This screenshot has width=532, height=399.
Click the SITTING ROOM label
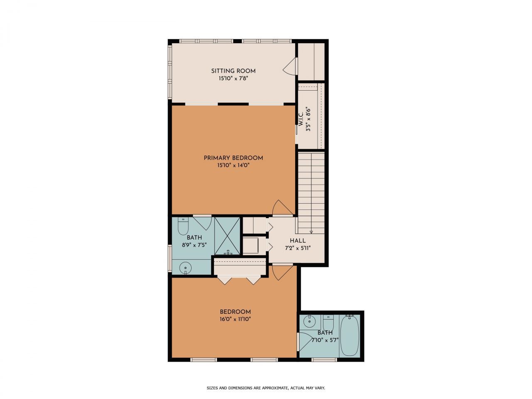[x=233, y=71]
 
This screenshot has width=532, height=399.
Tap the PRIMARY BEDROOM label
[x=233, y=158]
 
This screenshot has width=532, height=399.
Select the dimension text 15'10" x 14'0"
[x=233, y=165]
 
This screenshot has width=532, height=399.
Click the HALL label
[x=298, y=241]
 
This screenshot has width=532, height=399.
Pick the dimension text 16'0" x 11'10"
[x=235, y=319]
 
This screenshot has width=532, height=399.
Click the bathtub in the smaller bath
[x=349, y=336]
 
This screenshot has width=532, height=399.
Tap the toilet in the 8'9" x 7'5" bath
[x=183, y=226]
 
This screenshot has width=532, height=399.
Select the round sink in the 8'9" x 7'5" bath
[x=185, y=268]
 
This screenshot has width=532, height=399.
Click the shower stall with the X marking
[x=227, y=236]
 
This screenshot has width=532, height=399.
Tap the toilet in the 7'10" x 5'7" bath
[x=328, y=323]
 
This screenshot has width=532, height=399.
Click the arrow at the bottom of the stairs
[x=311, y=232]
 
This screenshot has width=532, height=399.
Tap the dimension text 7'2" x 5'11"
[x=298, y=248]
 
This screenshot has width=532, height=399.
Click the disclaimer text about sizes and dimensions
[x=266, y=388]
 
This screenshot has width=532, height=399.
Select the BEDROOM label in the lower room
[x=235, y=312]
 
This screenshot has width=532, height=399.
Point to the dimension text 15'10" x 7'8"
[x=233, y=78]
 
